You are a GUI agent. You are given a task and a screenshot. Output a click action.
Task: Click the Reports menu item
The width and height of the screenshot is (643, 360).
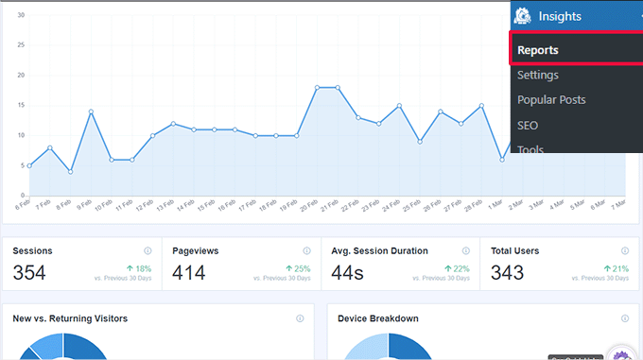click(x=538, y=50)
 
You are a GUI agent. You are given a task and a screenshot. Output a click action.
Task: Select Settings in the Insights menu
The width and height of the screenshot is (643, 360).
click(x=538, y=75)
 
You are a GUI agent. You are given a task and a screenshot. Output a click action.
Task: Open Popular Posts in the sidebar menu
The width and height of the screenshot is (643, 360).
click(x=551, y=99)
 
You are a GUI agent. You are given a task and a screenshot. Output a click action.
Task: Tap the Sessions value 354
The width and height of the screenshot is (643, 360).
click(x=29, y=274)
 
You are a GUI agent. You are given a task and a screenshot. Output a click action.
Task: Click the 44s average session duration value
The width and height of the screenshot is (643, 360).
click(x=349, y=274)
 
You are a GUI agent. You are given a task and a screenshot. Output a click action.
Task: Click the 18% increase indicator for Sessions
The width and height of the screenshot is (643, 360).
click(x=140, y=268)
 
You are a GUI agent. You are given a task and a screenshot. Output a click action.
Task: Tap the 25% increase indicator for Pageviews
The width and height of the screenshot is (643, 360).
click(x=299, y=268)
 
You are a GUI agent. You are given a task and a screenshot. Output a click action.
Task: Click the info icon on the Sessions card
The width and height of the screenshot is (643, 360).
click(x=148, y=251)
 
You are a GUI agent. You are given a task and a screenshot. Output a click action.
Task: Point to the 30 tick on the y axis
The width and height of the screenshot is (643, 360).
click(x=21, y=15)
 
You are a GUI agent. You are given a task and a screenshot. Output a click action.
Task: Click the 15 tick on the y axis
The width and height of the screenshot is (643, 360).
click(x=21, y=105)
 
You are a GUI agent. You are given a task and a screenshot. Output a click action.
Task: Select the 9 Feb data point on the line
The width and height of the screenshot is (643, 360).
click(x=91, y=111)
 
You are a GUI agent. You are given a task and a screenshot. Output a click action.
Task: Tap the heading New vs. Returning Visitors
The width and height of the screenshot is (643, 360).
click(x=71, y=318)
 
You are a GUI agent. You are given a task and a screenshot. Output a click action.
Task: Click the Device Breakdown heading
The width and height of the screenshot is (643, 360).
click(x=378, y=318)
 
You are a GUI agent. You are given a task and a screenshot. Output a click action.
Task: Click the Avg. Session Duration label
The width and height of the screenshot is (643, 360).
click(x=379, y=251)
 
